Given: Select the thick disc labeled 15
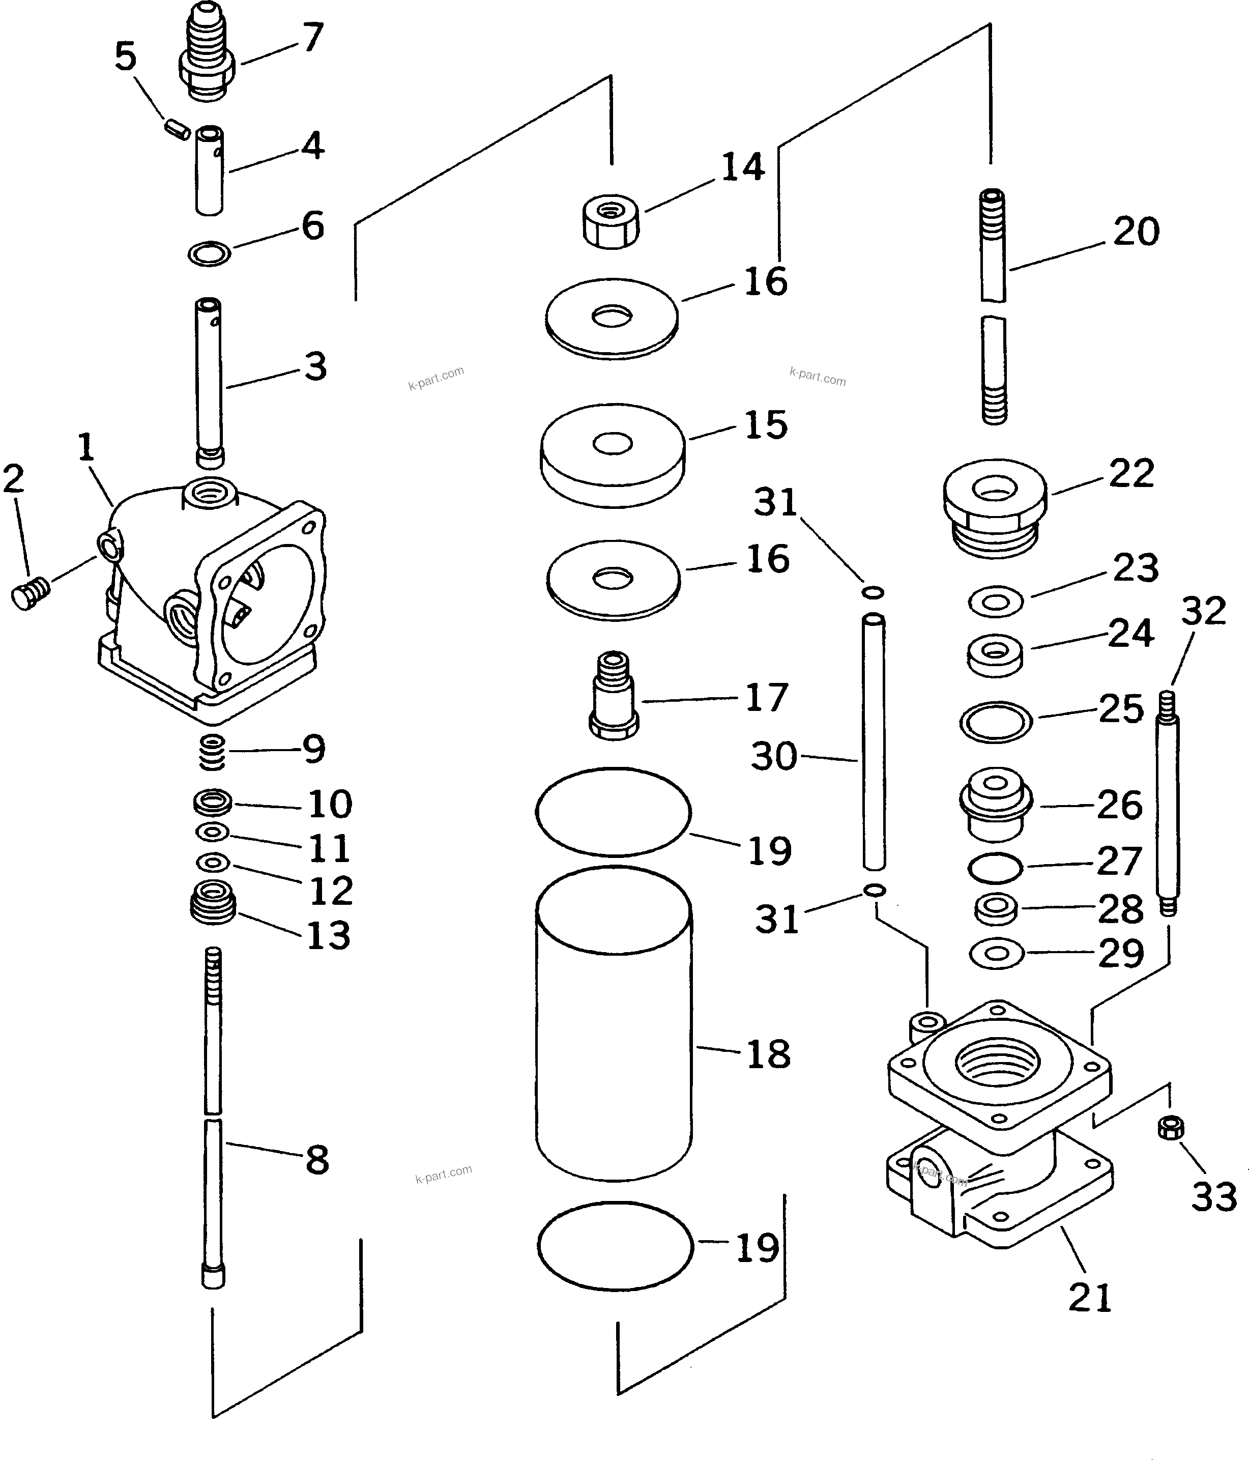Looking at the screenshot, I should [x=612, y=454].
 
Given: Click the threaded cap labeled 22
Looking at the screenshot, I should [x=995, y=507].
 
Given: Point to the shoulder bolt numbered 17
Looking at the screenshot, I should [x=614, y=695].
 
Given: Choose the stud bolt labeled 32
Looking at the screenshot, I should [x=1167, y=804].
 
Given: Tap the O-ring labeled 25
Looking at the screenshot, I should [x=996, y=722].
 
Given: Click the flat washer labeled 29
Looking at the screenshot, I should [x=996, y=954].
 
